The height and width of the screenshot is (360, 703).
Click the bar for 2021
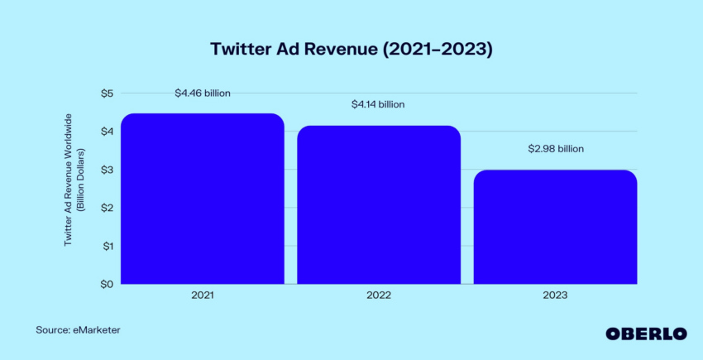203,199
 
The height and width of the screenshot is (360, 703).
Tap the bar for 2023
555,227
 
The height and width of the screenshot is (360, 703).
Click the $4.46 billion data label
203,94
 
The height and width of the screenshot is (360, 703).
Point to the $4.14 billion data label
379,104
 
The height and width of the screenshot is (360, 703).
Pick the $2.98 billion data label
556,149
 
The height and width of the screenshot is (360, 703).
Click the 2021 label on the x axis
203,295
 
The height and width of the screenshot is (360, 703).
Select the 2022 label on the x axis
379,295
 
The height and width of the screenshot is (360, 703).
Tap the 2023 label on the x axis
555,295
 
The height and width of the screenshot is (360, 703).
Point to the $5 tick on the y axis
107,94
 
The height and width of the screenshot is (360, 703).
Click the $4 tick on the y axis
107,132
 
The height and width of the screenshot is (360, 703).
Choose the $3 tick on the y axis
107,170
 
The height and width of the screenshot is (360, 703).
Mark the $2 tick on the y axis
107,208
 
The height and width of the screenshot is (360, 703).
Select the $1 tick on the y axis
107,246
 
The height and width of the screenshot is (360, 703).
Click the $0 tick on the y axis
107,285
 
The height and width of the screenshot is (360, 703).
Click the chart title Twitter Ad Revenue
351,49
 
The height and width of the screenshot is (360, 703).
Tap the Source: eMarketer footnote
78,330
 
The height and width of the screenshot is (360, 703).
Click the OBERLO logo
646,333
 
